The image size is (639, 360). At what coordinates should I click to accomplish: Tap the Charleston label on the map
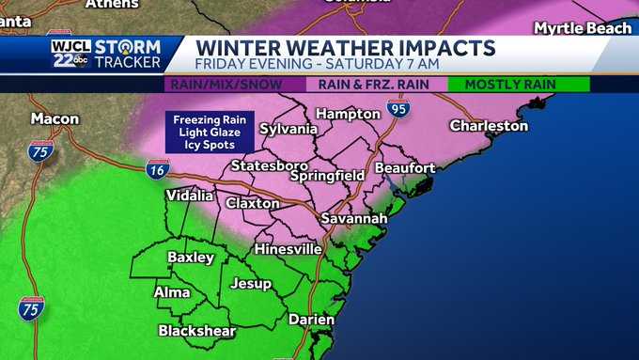pyautogui.click(x=489, y=125)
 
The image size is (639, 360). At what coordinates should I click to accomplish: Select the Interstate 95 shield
pyautogui.click(x=398, y=108)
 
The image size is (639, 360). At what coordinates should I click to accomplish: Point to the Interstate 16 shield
pyautogui.click(x=157, y=169)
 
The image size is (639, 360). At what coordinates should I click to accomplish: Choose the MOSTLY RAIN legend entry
pyautogui.click(x=519, y=85)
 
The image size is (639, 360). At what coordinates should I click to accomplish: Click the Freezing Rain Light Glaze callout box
pyautogui.click(x=209, y=132)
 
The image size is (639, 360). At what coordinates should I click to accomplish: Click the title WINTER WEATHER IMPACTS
pyautogui.click(x=345, y=47)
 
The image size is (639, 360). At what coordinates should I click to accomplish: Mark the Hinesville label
pyautogui.click(x=288, y=249)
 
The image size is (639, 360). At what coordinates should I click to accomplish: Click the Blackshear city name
pyautogui.click(x=196, y=331)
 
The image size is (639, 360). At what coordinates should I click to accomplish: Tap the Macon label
pyautogui.click(x=55, y=119)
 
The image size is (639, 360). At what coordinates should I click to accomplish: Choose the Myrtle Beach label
pyautogui.click(x=583, y=27)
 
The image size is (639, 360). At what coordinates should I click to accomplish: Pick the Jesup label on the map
pyautogui.click(x=251, y=282)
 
